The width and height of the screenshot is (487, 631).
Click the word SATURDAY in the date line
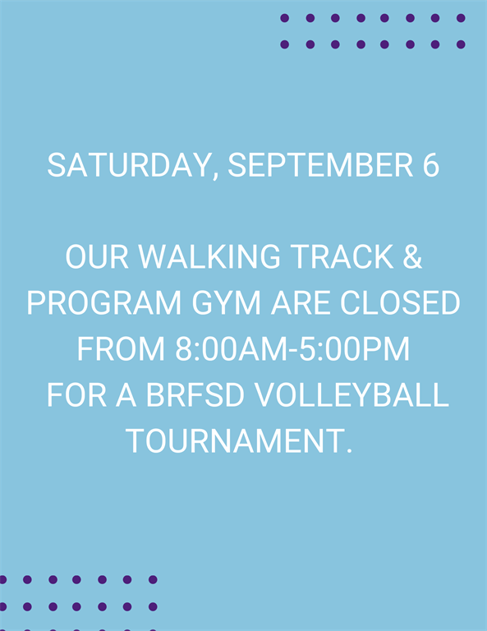[128, 165]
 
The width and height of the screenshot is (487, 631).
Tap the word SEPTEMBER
[320, 165]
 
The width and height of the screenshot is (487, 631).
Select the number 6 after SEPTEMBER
[430, 165]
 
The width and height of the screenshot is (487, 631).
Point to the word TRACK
[342, 256]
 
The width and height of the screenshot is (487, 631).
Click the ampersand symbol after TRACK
[412, 256]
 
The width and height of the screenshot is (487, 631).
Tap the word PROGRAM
[104, 302]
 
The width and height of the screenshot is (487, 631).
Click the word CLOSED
[400, 302]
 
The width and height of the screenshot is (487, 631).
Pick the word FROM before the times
[121, 348]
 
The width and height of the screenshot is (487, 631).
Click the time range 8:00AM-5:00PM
[292, 348]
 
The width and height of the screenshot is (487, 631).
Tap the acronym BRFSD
[195, 394]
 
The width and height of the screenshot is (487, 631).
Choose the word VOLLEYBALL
[351, 394]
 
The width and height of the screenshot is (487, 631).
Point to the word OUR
[97, 256]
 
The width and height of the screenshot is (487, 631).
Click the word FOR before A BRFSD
[77, 394]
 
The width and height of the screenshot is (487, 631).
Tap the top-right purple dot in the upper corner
[461, 18]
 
